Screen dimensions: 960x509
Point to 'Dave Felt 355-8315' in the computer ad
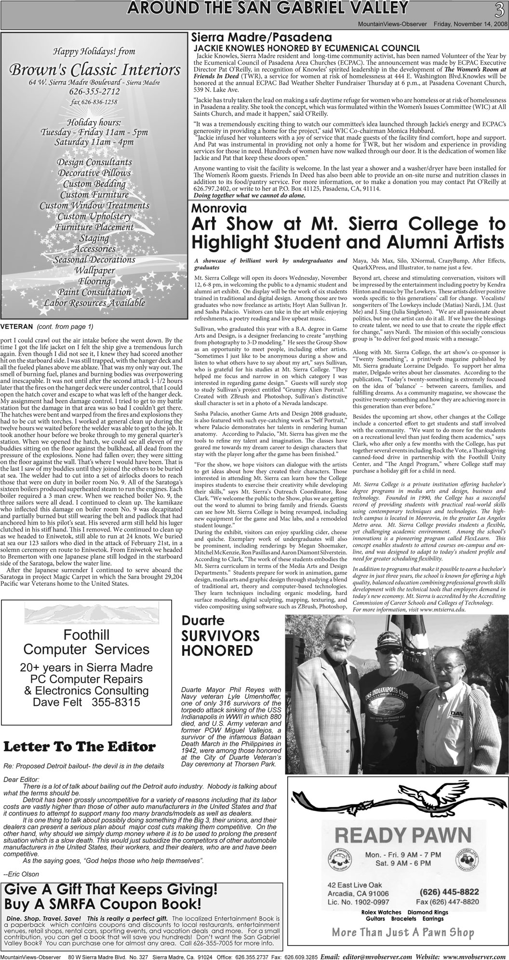pyautogui.click(x=86, y=702)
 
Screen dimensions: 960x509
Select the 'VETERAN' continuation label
pyautogui.click(x=16, y=327)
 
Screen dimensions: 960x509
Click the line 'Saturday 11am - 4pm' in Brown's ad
pyautogui.click(x=94, y=142)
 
